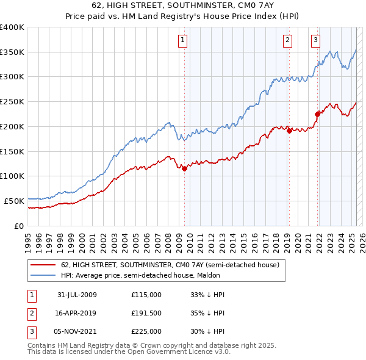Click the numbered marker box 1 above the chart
point(183,41)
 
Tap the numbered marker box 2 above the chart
point(287,41)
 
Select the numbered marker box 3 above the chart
point(315,41)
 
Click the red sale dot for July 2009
point(184,168)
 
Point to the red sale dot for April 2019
point(289,131)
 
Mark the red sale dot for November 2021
point(317,113)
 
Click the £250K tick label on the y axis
point(12,102)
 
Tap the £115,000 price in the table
point(146,295)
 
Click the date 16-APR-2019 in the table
point(77,313)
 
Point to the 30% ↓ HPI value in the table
point(207,331)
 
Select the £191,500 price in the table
point(146,313)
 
